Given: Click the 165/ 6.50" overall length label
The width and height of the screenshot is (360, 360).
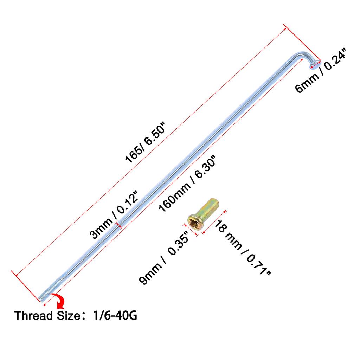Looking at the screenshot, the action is pyautogui.click(x=145, y=143).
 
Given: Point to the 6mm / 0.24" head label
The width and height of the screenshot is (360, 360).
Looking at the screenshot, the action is pyautogui.click(x=321, y=70).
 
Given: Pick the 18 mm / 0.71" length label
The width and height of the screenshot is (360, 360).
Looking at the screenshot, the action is pyautogui.click(x=242, y=247).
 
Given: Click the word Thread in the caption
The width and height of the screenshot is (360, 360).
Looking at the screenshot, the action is pyautogui.click(x=33, y=315).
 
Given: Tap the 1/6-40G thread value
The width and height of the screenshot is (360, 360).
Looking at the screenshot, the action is pyautogui.click(x=115, y=315).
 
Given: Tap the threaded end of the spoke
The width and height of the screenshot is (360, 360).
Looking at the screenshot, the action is pyautogui.click(x=50, y=290).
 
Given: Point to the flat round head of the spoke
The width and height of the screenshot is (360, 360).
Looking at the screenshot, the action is pyautogui.click(x=315, y=64).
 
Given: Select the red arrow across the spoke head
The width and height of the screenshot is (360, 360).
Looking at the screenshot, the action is pyautogui.click(x=315, y=65).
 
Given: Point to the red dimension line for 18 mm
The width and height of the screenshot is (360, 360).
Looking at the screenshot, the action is pyautogui.click(x=214, y=222).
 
